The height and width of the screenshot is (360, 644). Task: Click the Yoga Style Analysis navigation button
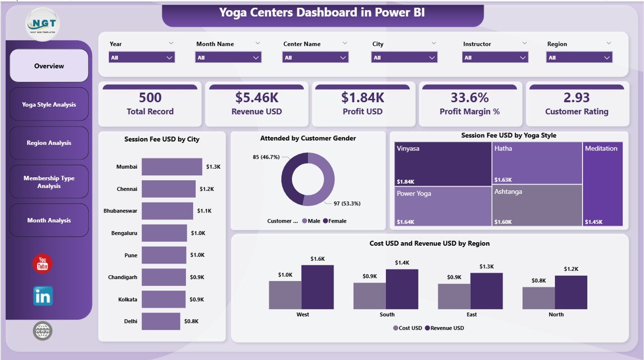(49, 105)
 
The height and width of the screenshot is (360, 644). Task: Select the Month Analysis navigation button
(49, 221)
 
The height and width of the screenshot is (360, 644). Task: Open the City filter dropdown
(404, 57)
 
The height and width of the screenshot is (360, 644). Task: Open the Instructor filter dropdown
(495, 57)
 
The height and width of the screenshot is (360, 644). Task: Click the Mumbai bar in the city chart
(172, 167)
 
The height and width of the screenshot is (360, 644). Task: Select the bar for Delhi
(160, 321)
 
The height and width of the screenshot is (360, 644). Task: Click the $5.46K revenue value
(257, 97)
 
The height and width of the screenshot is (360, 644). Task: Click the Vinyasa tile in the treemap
(443, 164)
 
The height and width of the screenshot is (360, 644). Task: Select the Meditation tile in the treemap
(602, 184)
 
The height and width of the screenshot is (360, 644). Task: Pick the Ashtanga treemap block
(537, 206)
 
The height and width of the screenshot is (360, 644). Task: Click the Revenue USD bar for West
(317, 287)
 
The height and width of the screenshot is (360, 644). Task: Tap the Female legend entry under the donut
(335, 221)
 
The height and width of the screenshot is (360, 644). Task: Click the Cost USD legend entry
(408, 328)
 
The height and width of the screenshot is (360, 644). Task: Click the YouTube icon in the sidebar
(43, 264)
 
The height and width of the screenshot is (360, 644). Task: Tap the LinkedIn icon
(43, 296)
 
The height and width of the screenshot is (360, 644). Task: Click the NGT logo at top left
(42, 24)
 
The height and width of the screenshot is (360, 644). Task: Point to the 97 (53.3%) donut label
(347, 203)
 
